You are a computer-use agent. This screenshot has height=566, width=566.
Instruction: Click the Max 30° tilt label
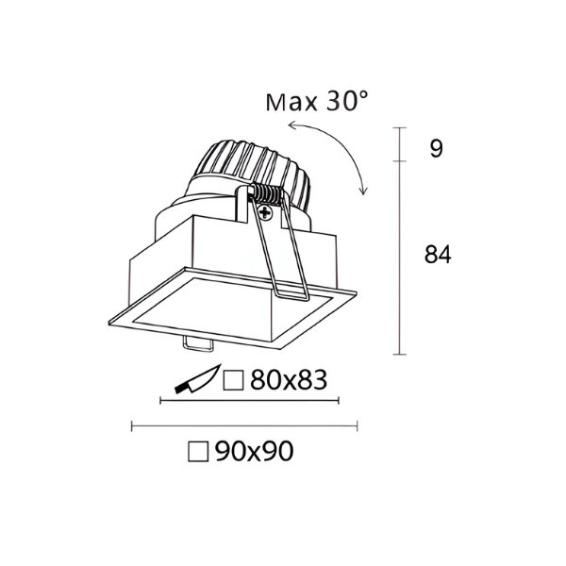(317, 102)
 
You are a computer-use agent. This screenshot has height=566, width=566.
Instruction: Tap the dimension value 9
(436, 148)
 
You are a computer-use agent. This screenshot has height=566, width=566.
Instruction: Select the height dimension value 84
(438, 254)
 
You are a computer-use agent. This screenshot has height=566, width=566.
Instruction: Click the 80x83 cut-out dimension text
(289, 380)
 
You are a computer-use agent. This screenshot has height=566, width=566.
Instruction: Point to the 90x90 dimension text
(254, 451)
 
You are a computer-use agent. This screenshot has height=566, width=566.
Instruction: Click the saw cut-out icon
(197, 379)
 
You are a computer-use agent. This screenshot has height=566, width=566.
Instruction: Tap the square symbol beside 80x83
(233, 380)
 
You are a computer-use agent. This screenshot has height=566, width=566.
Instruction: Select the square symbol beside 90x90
(198, 451)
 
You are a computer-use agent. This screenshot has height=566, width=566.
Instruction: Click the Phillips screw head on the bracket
(266, 212)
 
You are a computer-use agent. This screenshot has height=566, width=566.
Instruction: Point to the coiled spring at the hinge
(266, 194)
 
